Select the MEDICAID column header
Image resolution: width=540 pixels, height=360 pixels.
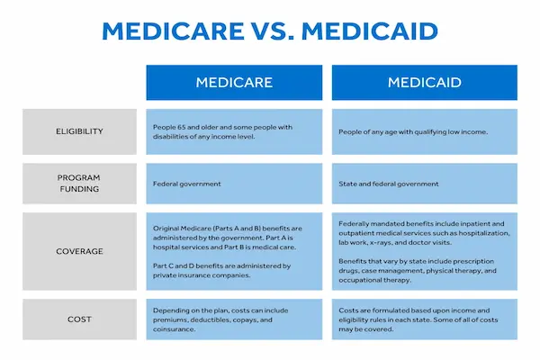(x=425, y=83)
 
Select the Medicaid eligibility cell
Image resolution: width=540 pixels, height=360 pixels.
(x=425, y=131)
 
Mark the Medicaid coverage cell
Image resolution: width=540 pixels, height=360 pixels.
(x=425, y=252)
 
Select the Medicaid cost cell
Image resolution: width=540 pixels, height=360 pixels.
(x=425, y=319)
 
